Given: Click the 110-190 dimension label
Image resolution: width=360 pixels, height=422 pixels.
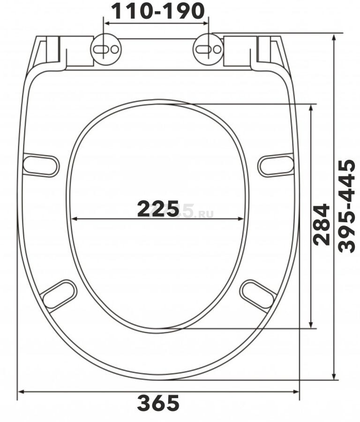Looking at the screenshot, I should click(157, 10).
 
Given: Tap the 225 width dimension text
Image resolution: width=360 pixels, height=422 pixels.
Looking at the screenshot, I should click(158, 209).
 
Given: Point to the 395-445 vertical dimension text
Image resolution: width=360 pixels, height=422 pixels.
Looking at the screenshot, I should click(347, 206).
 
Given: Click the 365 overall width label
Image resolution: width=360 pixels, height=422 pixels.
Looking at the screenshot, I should click(158, 403).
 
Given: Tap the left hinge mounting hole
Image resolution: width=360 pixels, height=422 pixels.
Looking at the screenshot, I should click(105, 49).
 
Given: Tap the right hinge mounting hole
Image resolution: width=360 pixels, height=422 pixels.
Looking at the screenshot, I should click(208, 49).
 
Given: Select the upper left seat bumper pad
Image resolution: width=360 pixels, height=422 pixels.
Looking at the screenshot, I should click(41, 165).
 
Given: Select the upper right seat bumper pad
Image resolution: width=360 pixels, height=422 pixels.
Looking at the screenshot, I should click(276, 165).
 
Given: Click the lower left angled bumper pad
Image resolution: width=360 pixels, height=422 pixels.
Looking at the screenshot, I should click(59, 295).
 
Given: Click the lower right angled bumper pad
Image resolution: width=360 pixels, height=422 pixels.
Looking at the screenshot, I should click(258, 295).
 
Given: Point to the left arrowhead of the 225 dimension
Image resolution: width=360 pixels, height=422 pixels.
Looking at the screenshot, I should click(74, 219).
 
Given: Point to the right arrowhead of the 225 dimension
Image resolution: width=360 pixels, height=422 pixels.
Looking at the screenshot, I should click(241, 219).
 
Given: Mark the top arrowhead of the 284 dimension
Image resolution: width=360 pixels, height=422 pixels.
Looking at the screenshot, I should click(311, 107).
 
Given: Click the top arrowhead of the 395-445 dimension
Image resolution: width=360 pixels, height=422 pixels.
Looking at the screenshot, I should click(334, 37).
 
